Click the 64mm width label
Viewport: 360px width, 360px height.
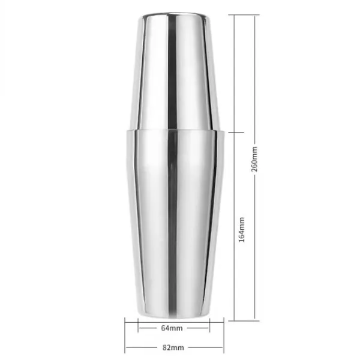pyautogui.click(x=172, y=328)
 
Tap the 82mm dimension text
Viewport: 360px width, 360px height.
pyautogui.click(x=173, y=347)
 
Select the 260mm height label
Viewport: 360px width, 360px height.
pyautogui.click(x=254, y=159)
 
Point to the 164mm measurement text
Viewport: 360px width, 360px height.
pyautogui.click(x=242, y=230)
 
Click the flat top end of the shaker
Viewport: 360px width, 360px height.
pyautogui.click(x=176, y=14)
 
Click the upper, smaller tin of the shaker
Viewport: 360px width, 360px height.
pyautogui.click(x=175, y=71)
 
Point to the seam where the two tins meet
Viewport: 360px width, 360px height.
pyautogui.click(x=175, y=130)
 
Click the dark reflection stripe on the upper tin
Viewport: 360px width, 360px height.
pyautogui.click(x=172, y=71)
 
